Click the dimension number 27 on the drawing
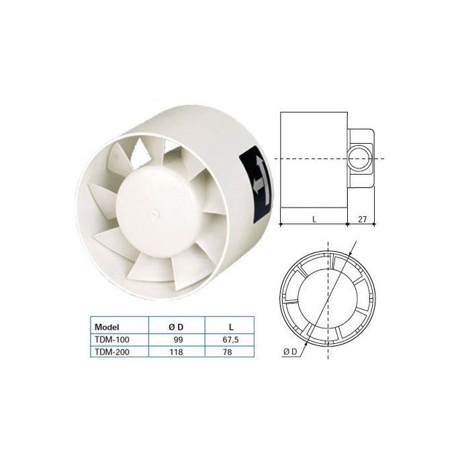tap(363, 218)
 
